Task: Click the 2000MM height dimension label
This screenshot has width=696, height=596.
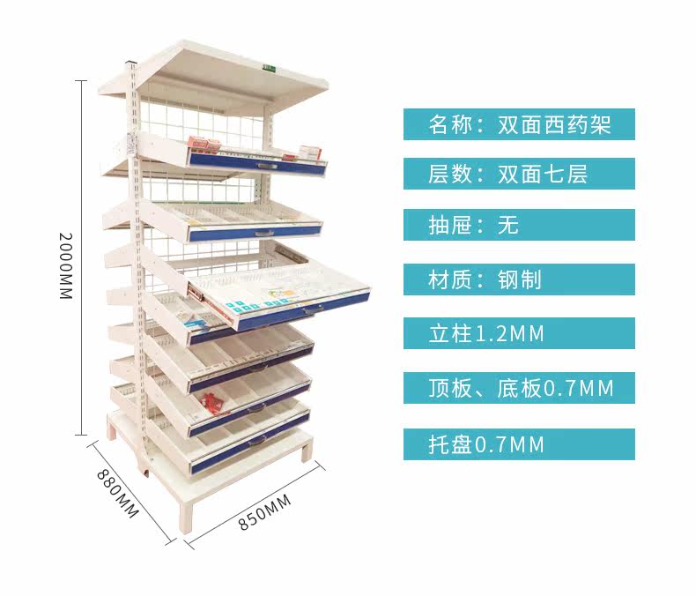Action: (x=64, y=265)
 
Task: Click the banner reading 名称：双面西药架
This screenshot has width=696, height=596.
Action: (x=519, y=124)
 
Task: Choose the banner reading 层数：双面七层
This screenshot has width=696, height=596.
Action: (x=519, y=174)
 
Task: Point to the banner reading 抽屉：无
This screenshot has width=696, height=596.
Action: (x=519, y=225)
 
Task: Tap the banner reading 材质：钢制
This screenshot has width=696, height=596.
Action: (x=519, y=279)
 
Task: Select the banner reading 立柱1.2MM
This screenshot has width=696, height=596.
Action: (x=519, y=333)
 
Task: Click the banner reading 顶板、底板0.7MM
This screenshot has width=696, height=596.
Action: (x=519, y=388)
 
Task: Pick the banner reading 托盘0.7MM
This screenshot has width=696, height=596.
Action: (x=519, y=443)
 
